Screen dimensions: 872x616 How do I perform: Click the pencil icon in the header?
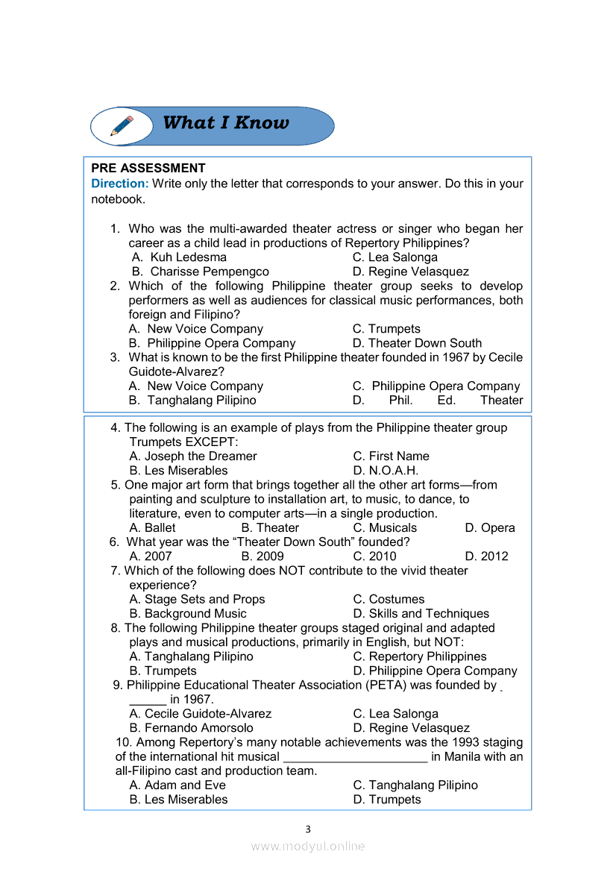(122, 125)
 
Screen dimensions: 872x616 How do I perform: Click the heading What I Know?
(225, 123)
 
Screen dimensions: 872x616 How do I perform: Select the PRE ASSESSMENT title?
(148, 169)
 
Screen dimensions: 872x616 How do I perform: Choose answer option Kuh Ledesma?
(179, 257)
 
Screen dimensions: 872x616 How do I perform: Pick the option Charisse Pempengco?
(201, 272)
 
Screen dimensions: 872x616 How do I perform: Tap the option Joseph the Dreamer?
(193, 457)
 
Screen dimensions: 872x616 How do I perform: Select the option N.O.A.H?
(386, 471)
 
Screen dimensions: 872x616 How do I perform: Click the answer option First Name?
(392, 457)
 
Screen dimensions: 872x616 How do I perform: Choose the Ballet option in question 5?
(153, 528)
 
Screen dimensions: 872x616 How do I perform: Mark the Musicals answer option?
(385, 528)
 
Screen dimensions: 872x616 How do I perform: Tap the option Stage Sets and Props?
(197, 600)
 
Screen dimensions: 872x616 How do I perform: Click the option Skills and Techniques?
(421, 614)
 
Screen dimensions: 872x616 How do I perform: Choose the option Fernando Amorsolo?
(191, 728)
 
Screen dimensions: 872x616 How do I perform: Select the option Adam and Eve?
(177, 785)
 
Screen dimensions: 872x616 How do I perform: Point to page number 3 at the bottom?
(307, 829)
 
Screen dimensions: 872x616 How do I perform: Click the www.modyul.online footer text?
(307, 847)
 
